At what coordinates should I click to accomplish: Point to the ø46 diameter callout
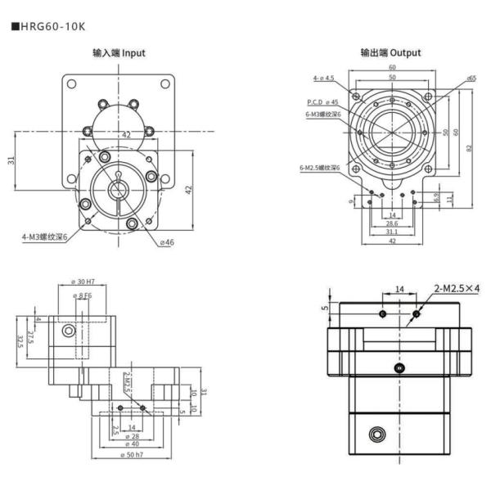click(168, 242)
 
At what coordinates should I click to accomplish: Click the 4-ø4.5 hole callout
click(323, 79)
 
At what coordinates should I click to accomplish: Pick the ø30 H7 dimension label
click(83, 282)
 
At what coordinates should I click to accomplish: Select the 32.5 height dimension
click(20, 340)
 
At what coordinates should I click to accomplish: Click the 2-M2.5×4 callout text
click(457, 288)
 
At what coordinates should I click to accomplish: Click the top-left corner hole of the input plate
click(72, 83)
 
